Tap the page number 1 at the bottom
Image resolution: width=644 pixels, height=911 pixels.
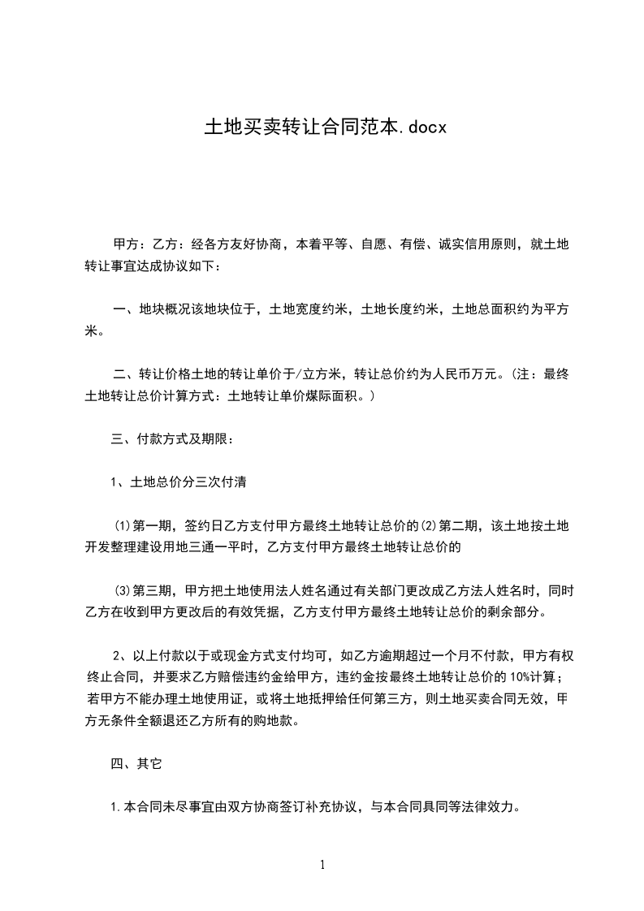coord(322,865)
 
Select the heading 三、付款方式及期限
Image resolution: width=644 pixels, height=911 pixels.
coord(173,440)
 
